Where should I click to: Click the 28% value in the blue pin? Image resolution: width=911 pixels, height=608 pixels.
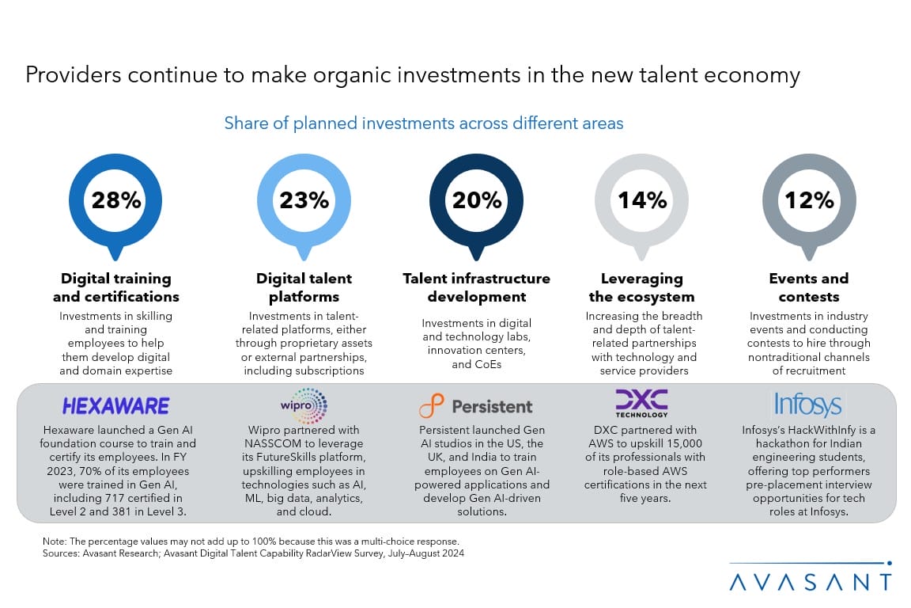pos(116,200)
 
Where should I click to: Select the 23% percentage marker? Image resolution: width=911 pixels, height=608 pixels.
pos(304,200)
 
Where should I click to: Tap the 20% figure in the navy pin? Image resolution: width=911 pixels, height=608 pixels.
pos(476,200)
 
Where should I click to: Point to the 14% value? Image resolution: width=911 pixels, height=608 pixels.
pos(641,200)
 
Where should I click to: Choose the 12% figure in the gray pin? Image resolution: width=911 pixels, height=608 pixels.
pos(809,200)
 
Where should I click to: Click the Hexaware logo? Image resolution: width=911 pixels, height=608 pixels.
pos(115,406)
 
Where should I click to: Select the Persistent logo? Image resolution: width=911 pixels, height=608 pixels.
pos(476,406)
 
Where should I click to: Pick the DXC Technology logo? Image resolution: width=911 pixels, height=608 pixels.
pos(641,403)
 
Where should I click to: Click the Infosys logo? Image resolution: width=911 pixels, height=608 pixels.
pos(808,405)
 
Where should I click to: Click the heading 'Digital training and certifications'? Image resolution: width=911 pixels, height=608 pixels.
pos(116,288)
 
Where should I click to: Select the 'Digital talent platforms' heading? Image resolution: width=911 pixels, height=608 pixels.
pos(304,288)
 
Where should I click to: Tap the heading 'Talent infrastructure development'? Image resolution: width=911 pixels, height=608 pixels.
pos(476,288)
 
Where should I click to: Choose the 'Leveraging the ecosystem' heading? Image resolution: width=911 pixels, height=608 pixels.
pos(641,288)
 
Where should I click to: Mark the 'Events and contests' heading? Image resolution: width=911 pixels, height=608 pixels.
pos(809,288)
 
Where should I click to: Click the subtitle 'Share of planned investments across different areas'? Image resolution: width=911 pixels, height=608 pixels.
pos(424,123)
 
